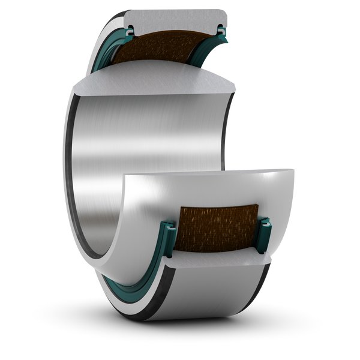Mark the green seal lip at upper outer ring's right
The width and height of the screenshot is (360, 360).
tap(221, 28)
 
